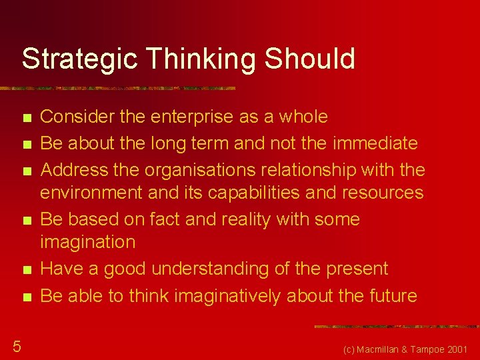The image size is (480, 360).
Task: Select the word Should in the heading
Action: [310, 59]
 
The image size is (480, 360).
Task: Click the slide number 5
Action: [17, 345]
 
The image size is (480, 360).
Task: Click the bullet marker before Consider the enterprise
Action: [26, 118]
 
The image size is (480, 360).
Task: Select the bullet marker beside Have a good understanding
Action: [26, 270]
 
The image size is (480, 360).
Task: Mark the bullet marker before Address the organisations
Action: [26, 171]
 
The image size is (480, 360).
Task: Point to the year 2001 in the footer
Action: [457, 349]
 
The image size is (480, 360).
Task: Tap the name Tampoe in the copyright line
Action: [428, 349]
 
